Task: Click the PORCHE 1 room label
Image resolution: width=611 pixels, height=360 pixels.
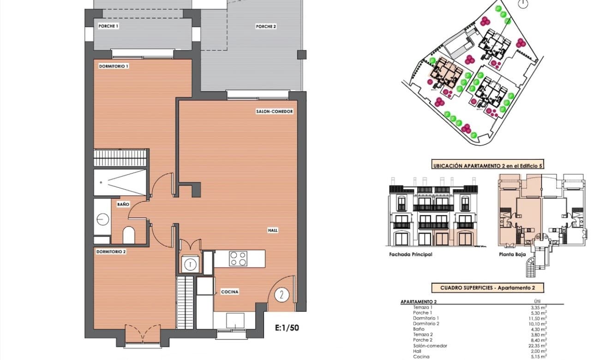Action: point(108,26)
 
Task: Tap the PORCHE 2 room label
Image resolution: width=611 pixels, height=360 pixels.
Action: point(266,27)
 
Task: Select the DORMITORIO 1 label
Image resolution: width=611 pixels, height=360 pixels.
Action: point(114,66)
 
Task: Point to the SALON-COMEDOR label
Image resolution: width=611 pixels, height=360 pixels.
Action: point(275,112)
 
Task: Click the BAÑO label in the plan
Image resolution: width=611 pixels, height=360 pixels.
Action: point(123,204)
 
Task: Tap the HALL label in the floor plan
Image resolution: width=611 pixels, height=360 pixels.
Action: point(273,230)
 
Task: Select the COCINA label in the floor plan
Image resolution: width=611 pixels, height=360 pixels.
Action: point(229,292)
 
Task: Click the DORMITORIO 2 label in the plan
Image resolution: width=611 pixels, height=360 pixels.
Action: point(111,252)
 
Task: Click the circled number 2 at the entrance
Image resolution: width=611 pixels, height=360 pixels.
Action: point(282,294)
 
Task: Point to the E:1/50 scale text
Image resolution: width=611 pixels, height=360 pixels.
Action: point(287,329)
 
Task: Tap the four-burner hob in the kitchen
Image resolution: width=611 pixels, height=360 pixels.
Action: point(238,258)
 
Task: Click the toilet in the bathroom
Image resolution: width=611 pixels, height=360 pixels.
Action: point(129,235)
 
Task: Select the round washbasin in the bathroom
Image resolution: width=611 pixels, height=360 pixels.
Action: point(102,219)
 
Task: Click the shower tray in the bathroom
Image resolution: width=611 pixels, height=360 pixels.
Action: point(120,182)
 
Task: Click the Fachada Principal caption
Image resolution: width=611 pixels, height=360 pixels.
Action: point(411,254)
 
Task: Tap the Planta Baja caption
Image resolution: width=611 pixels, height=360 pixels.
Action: point(511,254)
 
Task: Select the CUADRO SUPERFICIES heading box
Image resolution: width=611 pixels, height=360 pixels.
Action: point(487,288)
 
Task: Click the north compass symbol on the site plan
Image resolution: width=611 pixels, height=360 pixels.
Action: point(522,5)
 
